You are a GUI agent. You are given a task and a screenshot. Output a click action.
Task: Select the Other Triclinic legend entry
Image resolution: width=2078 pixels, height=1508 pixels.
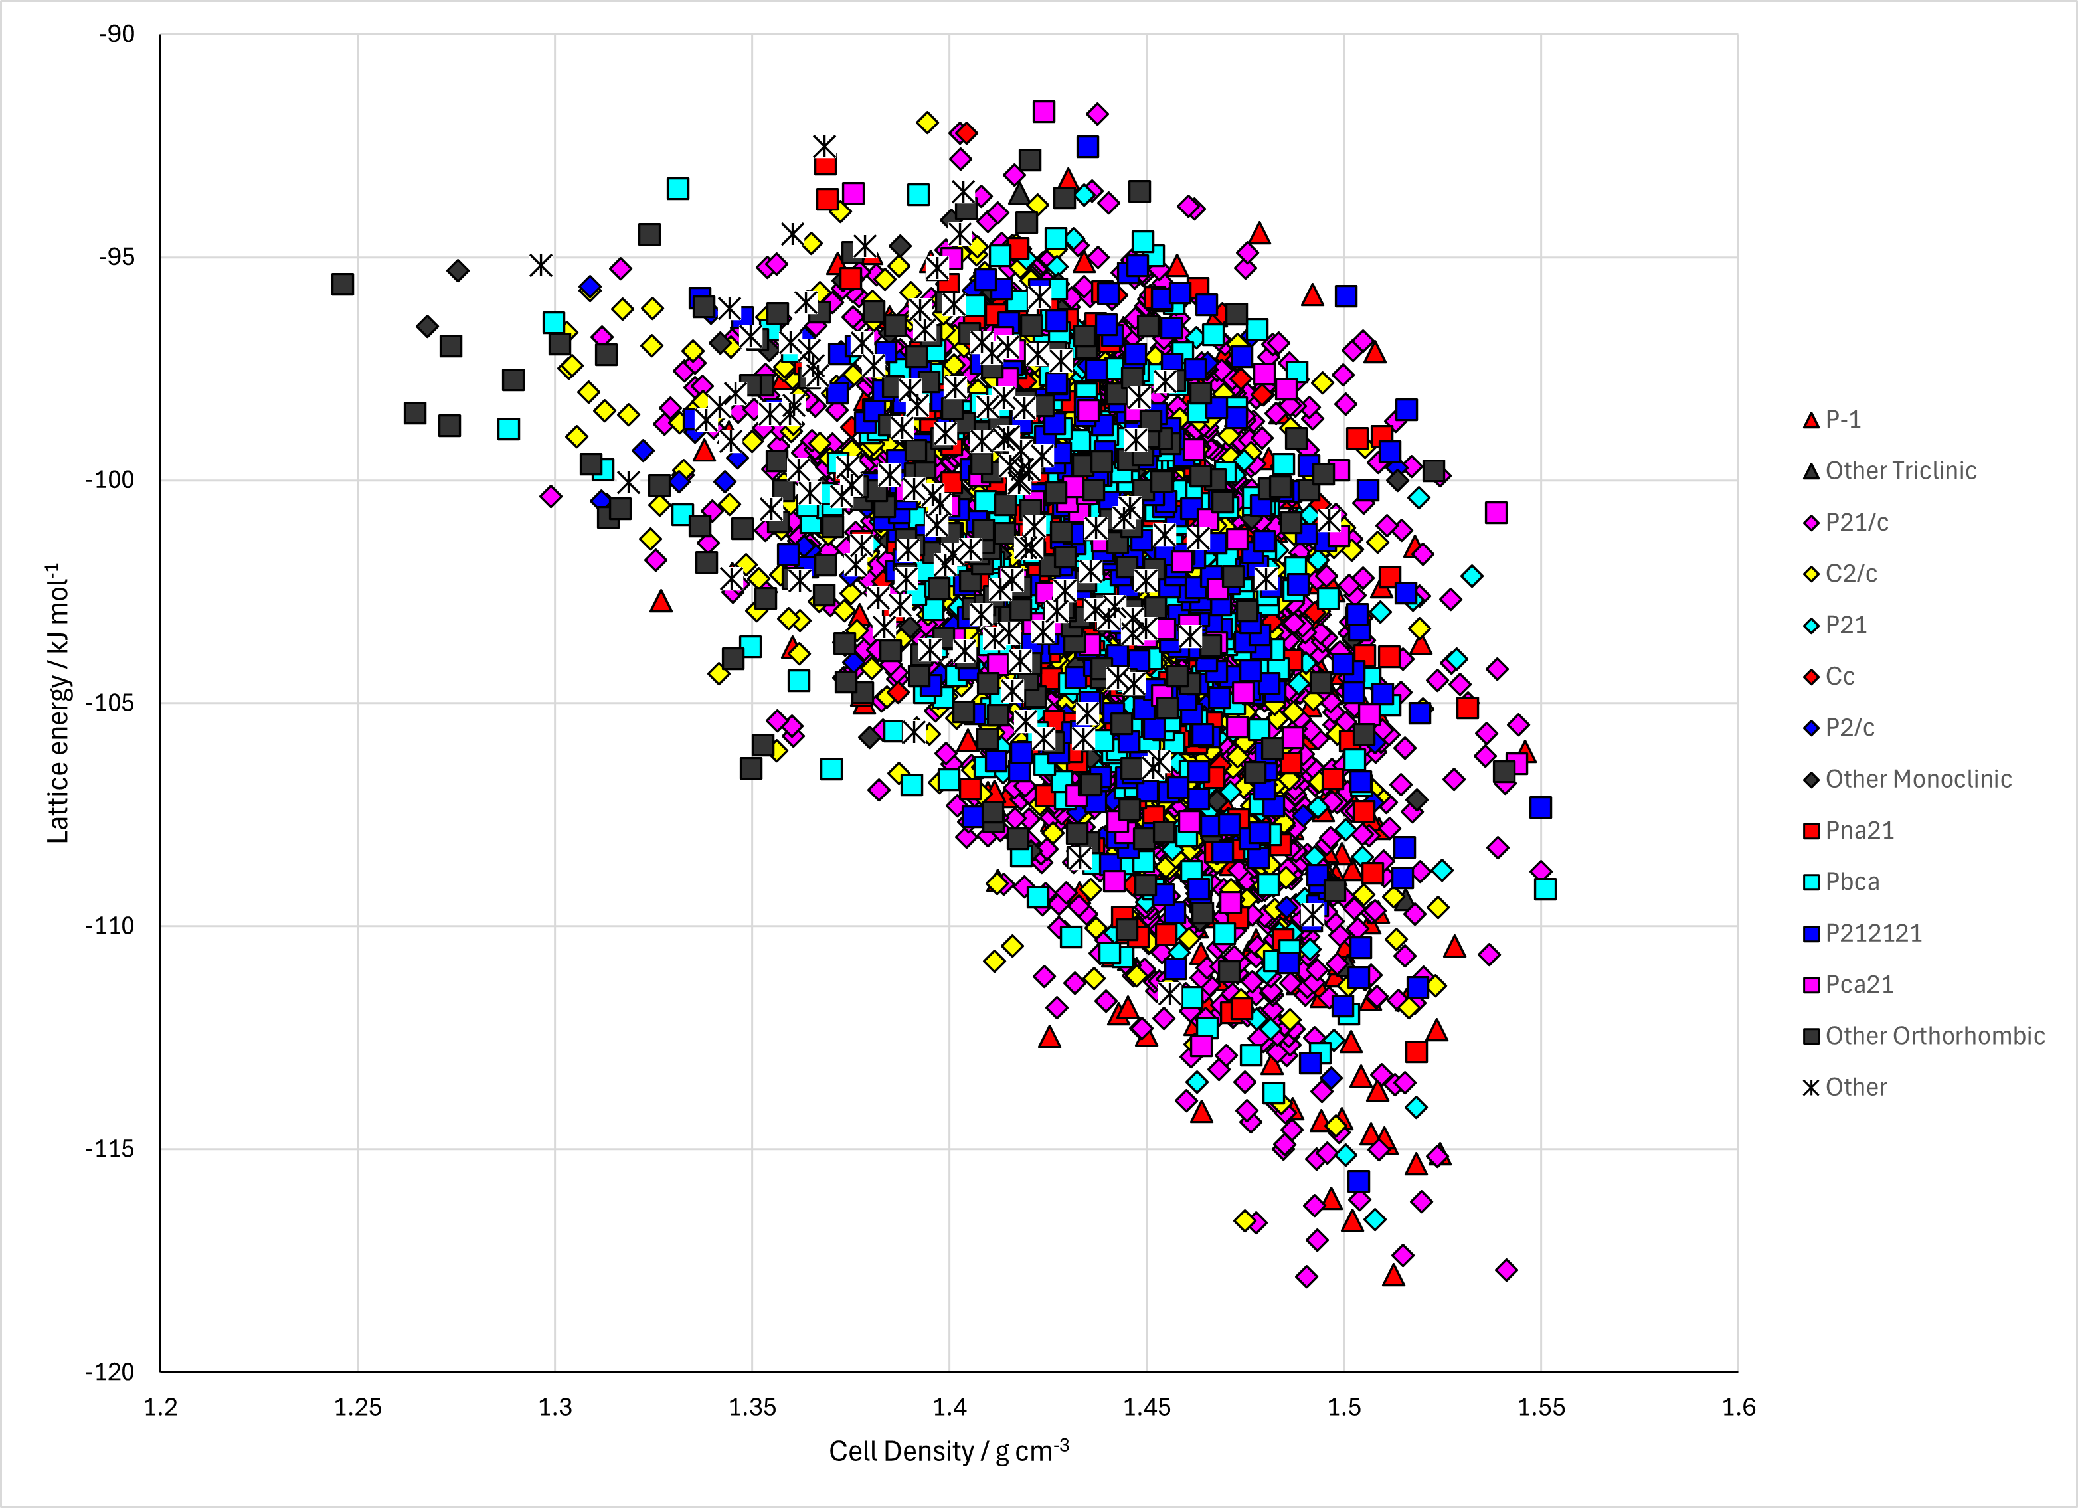[x=1890, y=471]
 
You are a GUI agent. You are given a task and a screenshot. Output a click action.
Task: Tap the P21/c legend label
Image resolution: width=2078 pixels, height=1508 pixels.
[x=1858, y=522]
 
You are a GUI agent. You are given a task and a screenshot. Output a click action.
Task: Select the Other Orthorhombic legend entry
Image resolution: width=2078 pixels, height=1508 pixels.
[x=1924, y=1035]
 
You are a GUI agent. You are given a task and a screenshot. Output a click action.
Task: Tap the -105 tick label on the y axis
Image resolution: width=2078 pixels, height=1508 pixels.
[x=110, y=703]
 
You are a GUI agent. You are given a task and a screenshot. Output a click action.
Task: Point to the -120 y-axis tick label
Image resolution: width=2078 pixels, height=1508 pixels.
[x=110, y=1371]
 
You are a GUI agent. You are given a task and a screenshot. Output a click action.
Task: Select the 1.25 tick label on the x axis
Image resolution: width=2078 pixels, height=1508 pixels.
[x=357, y=1407]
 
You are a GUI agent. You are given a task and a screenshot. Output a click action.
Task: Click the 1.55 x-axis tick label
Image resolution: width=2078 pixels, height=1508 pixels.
[x=1541, y=1407]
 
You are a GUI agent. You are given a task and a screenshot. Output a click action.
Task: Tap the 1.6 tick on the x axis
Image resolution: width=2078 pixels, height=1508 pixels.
[x=1738, y=1407]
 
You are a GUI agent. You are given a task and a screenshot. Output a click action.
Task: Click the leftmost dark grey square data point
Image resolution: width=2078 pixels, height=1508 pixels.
[x=343, y=284]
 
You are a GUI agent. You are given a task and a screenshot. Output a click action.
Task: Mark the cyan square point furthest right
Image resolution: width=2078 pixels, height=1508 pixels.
[x=1545, y=888]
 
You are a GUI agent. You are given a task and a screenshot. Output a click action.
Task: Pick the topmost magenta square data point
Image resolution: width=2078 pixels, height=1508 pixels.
[x=1043, y=112]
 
